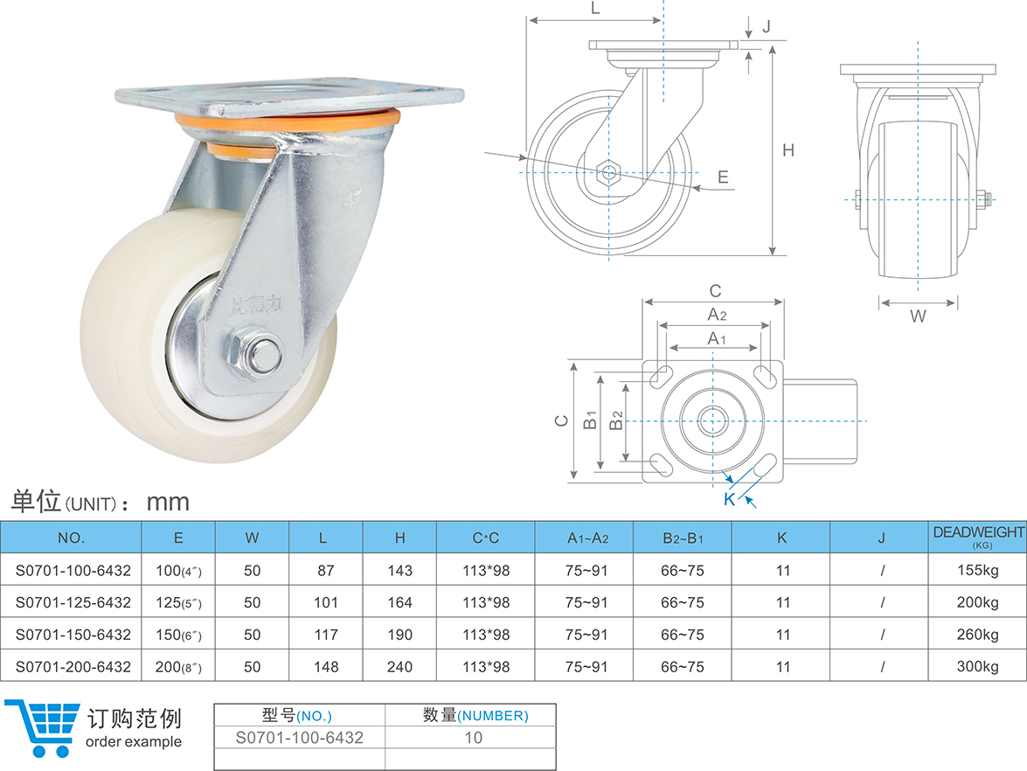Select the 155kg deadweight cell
(977, 571)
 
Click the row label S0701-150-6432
(73, 635)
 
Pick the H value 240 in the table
(399, 666)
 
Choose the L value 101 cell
(325, 602)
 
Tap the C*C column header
(485, 538)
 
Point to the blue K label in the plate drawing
(729, 499)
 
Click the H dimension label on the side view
(788, 150)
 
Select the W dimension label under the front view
(918, 317)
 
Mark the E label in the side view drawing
(723, 177)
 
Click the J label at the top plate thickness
(766, 26)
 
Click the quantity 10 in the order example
(473, 738)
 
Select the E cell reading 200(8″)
(178, 666)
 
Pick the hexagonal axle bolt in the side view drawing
(608, 171)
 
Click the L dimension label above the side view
(595, 9)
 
